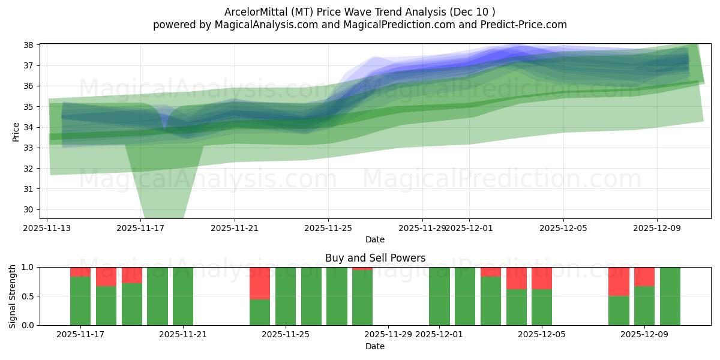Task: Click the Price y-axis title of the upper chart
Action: click(x=16, y=131)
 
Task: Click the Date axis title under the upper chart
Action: click(x=375, y=239)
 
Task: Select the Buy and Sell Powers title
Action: click(x=375, y=258)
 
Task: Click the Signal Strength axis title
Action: click(x=13, y=296)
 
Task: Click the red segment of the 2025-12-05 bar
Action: click(x=542, y=278)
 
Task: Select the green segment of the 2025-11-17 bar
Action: click(x=80, y=301)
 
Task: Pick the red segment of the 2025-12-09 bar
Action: click(x=644, y=277)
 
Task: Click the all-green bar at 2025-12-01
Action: click(x=439, y=296)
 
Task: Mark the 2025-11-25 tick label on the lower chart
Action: click(x=286, y=334)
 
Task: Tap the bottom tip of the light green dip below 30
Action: click(x=164, y=217)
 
